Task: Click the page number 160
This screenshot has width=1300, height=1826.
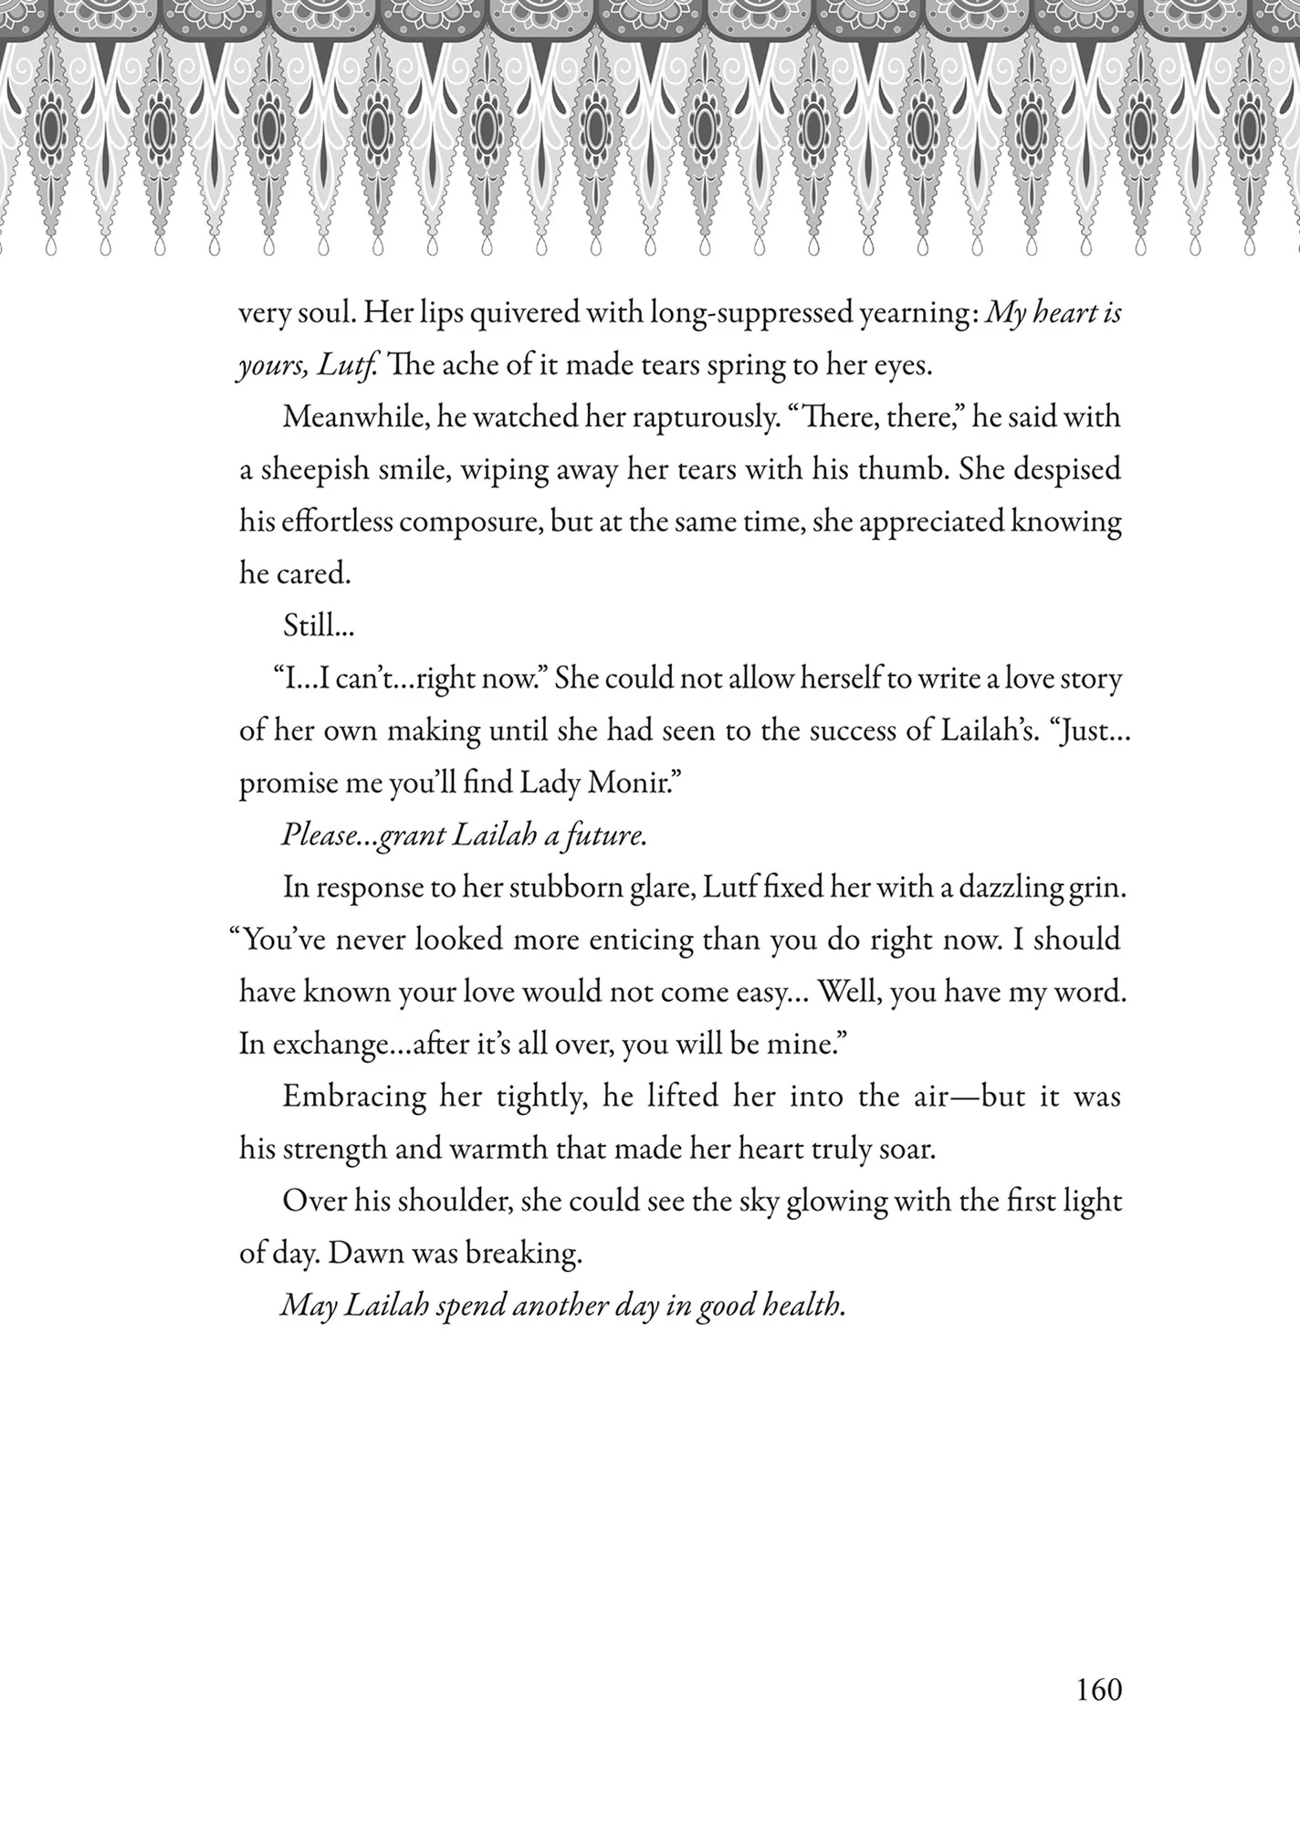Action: (1098, 1689)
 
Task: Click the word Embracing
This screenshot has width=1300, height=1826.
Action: (354, 1096)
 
